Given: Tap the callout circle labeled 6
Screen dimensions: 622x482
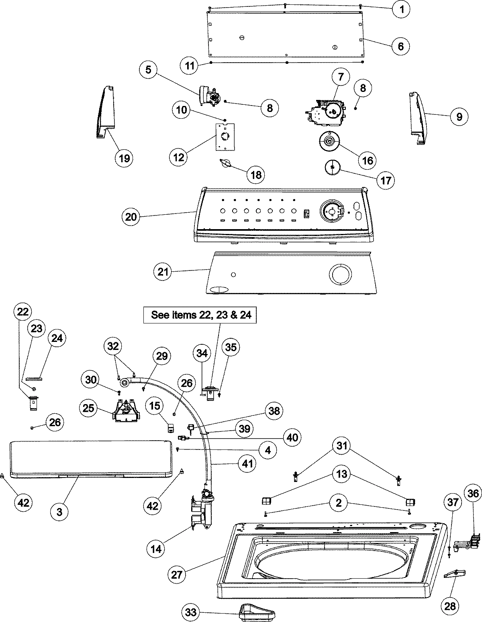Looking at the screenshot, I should coord(400,46).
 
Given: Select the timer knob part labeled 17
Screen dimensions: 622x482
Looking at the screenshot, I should coord(333,167).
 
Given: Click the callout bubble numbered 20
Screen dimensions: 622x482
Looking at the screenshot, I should coord(131,217).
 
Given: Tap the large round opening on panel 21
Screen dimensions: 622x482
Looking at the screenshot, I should coord(340,275).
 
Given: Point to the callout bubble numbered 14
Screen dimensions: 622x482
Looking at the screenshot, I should coord(157,548).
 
